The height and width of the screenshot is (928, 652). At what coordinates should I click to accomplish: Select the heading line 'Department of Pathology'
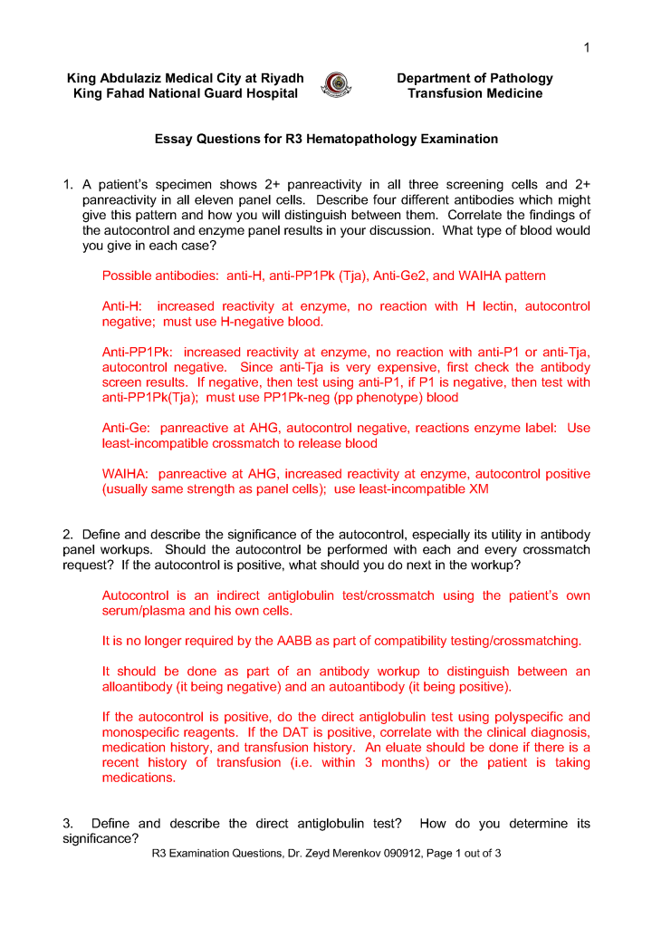[475, 78]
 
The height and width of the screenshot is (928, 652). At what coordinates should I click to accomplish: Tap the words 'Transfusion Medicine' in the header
[475, 93]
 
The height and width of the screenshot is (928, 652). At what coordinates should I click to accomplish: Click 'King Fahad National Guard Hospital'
[186, 93]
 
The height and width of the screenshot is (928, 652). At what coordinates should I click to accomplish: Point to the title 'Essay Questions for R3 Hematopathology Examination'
[326, 140]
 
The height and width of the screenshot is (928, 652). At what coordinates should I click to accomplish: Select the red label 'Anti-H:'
[122, 306]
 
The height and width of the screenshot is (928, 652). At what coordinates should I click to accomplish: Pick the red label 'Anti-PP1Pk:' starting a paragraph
[139, 353]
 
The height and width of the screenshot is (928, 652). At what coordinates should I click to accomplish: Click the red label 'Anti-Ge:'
[125, 428]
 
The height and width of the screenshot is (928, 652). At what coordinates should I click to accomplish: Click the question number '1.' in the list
[68, 185]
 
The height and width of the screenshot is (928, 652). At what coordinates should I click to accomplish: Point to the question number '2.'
[67, 535]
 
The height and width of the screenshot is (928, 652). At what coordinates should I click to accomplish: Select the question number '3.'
[68, 824]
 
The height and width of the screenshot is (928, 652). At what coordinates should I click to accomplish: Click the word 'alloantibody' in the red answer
[139, 687]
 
